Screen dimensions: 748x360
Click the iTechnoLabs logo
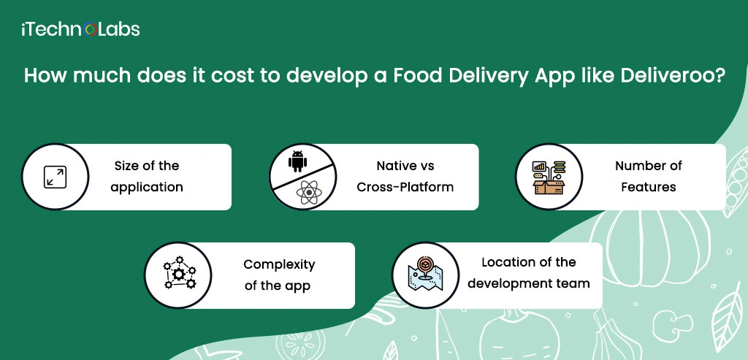tap(80, 29)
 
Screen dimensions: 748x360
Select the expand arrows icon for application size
tap(55, 177)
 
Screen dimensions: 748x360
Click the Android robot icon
tap(298, 161)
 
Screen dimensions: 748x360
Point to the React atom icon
tap(309, 192)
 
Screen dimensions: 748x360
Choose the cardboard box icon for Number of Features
tap(549, 177)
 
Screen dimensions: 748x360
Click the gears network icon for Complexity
tap(179, 273)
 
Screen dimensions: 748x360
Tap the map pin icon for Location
tap(426, 273)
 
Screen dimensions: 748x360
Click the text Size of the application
tap(146, 177)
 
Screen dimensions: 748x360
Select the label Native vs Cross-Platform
tap(405, 177)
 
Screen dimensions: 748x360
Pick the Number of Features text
tap(649, 177)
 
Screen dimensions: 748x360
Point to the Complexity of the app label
tap(279, 275)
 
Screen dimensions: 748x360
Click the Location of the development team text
tap(529, 273)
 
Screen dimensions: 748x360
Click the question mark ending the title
tap(720, 76)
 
